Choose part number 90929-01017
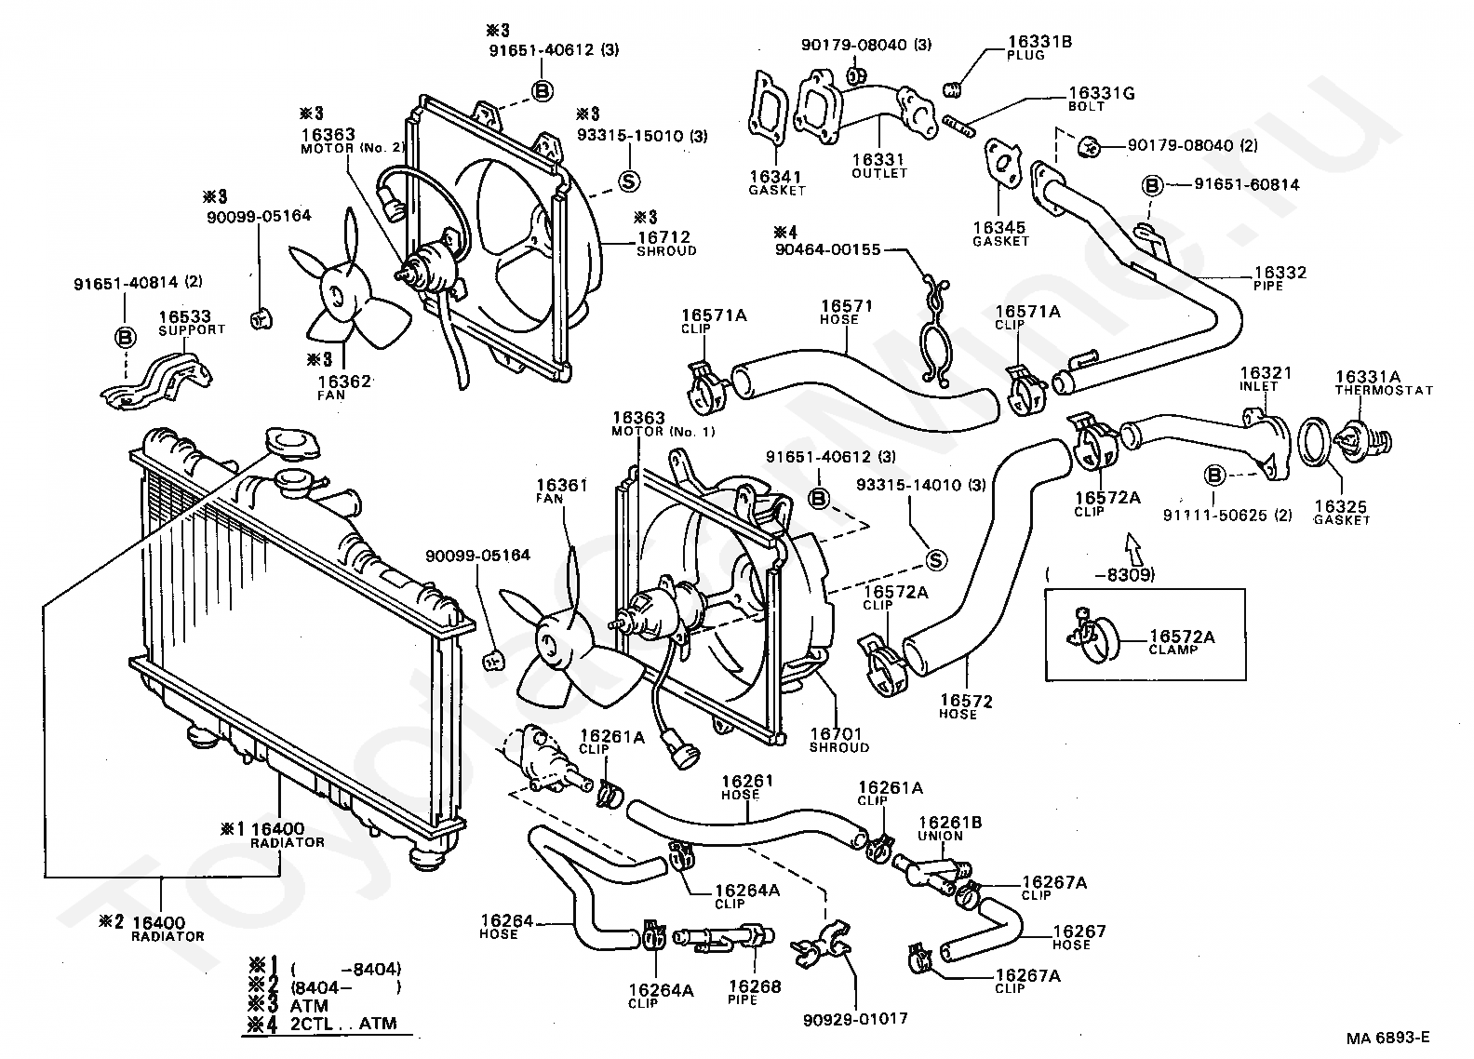[x=853, y=1019]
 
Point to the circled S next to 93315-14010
[x=936, y=559]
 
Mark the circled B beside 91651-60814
[x=1152, y=185]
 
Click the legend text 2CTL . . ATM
[x=344, y=1024]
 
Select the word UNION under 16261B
[x=941, y=836]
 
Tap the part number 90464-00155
[x=827, y=249]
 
